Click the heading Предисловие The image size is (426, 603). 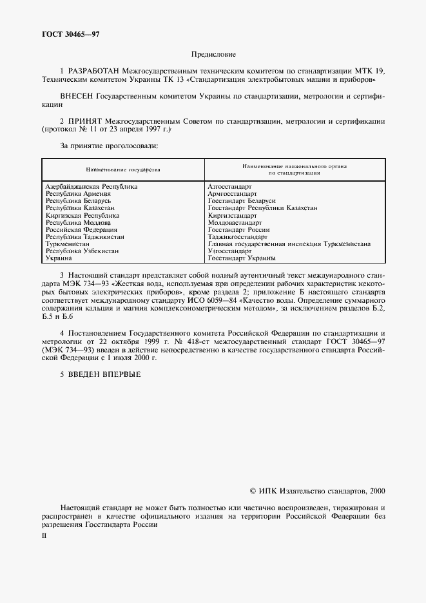pos(213,55)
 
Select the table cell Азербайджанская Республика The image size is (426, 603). pos(91,186)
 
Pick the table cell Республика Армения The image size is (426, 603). pos(78,193)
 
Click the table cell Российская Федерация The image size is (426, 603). pos(81,229)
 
